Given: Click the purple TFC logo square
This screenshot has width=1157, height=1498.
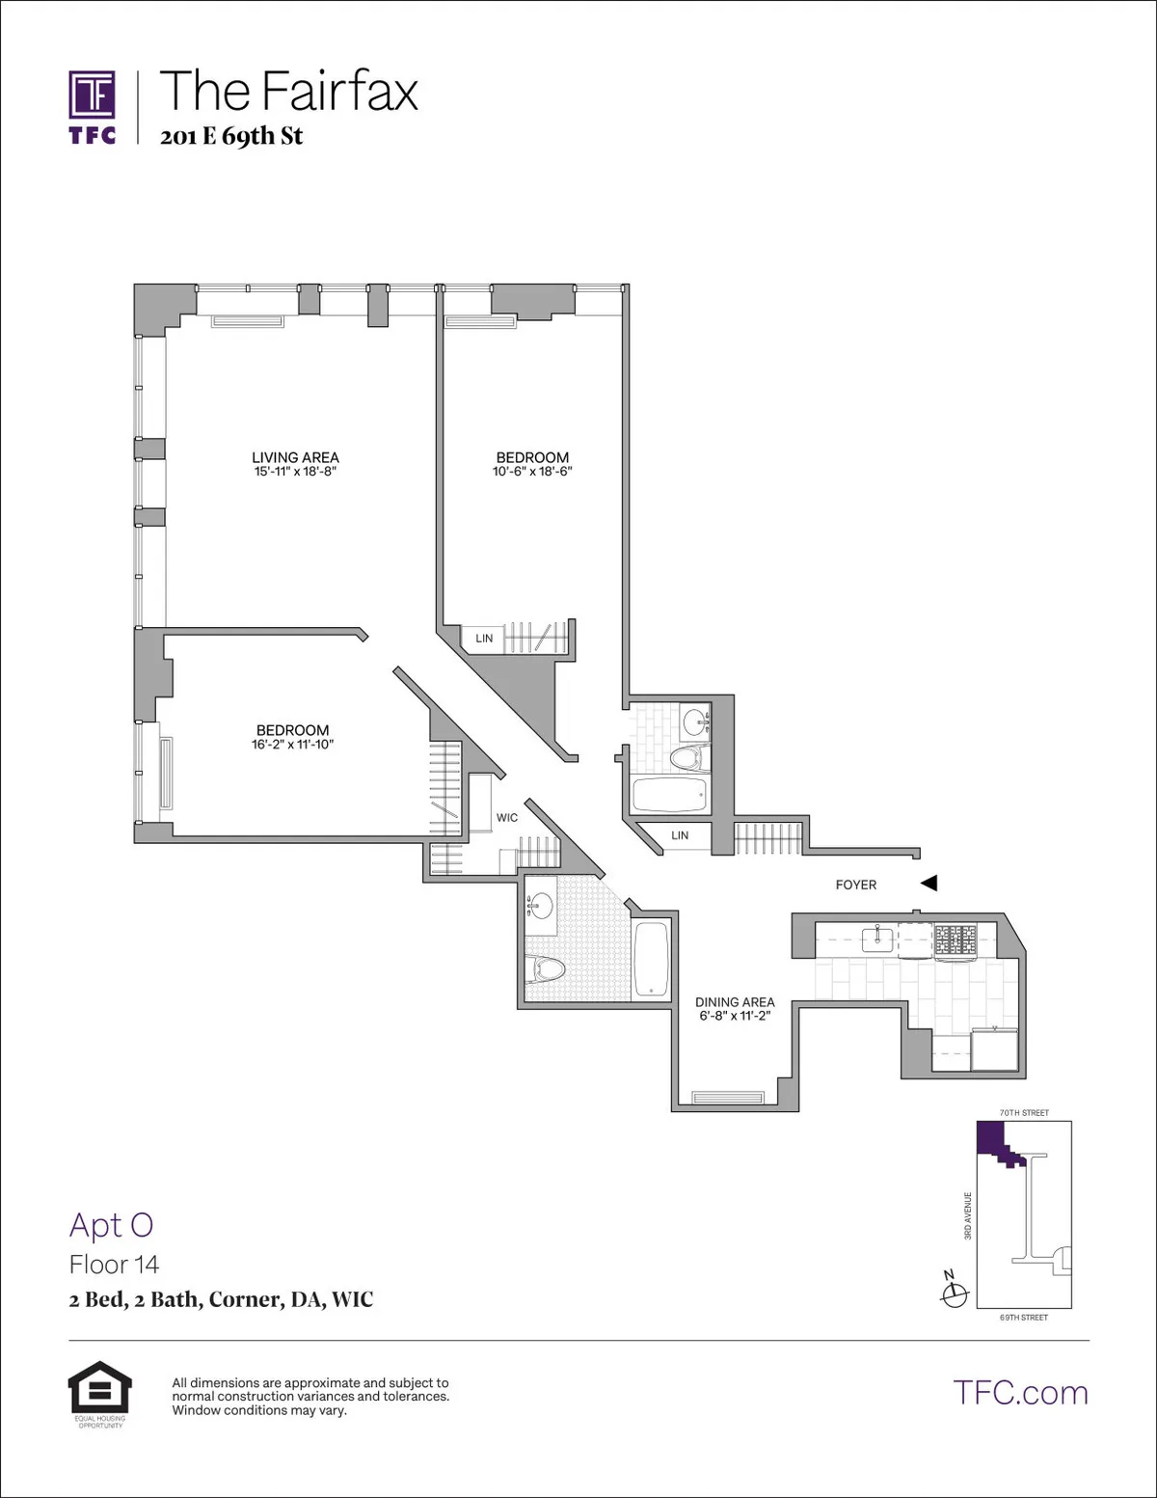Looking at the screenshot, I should [x=93, y=95].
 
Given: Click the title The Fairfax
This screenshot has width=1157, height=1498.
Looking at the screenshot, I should [x=288, y=91].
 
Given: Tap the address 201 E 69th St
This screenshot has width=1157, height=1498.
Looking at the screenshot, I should [x=231, y=136].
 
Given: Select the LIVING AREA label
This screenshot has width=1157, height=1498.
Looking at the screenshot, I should [x=295, y=457].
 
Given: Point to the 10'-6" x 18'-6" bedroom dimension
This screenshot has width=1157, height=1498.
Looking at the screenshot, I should [x=532, y=472].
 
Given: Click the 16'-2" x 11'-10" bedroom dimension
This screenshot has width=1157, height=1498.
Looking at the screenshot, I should [x=292, y=745].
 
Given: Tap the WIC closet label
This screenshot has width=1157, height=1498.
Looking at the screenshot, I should [x=507, y=818].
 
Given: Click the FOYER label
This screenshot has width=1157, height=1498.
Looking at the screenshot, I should [x=856, y=885].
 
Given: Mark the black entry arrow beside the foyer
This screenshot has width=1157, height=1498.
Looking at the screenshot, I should [x=928, y=883].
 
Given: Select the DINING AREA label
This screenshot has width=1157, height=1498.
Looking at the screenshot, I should [x=735, y=1002].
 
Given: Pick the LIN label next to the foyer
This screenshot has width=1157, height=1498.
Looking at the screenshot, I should [x=680, y=835].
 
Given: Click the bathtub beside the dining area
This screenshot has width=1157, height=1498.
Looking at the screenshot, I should [x=652, y=961].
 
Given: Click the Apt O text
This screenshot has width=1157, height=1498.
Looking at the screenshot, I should [x=111, y=1225].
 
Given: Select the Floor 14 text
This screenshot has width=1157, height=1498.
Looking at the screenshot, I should [x=114, y=1265].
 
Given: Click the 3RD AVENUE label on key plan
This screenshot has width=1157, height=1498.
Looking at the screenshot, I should [x=968, y=1215].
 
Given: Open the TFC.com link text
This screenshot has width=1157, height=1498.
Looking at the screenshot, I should [x=1020, y=1392].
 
